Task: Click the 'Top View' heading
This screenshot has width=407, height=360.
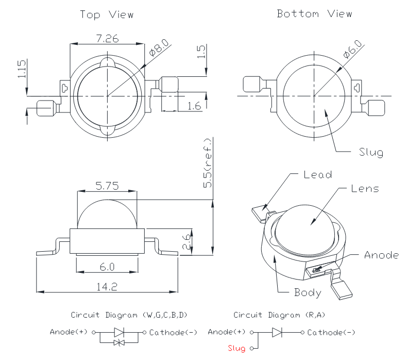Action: [x=107, y=14]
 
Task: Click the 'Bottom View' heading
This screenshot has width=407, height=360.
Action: [x=314, y=13]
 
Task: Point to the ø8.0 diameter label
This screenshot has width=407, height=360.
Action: [x=157, y=49]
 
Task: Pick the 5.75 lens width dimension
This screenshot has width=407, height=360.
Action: [x=106, y=186]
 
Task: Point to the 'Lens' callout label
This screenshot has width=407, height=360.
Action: [x=365, y=188]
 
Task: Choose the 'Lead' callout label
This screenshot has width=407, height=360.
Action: [x=317, y=174]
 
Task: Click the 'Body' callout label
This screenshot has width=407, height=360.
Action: [x=308, y=292]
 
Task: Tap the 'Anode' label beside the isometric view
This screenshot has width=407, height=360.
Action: [x=381, y=255]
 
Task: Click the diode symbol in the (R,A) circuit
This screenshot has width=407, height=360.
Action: [x=277, y=332]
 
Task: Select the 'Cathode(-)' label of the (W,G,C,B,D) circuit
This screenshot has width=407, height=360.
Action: [x=173, y=332]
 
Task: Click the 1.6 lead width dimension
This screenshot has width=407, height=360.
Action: [x=194, y=106]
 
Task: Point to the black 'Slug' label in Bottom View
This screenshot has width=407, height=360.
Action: [x=370, y=152]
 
